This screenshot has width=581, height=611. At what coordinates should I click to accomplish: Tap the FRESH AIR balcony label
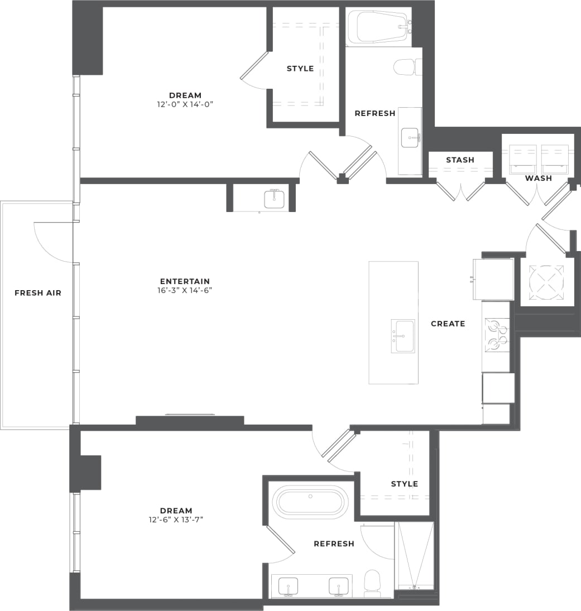tap(38, 293)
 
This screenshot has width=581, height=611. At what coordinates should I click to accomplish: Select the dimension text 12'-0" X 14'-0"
tap(185, 104)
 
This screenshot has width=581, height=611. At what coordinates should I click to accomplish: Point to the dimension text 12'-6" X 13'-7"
tap(176, 519)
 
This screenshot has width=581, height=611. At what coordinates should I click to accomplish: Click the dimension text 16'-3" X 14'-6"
tap(185, 290)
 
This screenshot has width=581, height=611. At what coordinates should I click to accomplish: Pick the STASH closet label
tap(460, 160)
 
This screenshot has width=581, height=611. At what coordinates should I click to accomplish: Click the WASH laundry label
tap(539, 179)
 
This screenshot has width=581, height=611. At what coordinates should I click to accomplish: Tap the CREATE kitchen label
tap(448, 324)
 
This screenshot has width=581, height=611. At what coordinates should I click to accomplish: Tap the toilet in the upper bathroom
tap(406, 68)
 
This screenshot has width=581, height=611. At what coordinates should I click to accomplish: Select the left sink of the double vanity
tap(289, 586)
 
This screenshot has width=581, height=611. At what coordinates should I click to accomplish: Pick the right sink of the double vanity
tap(338, 586)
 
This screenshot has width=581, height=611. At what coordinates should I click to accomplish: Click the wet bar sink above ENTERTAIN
tap(274, 199)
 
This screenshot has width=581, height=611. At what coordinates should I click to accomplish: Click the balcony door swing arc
tap(53, 240)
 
